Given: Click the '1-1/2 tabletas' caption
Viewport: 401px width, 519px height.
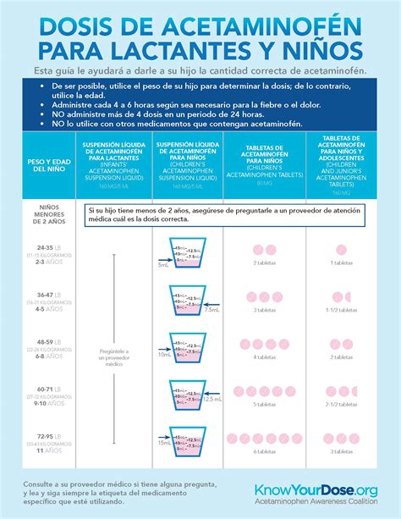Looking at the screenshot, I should (342, 310).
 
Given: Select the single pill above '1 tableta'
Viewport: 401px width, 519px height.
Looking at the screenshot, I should (342, 250).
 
